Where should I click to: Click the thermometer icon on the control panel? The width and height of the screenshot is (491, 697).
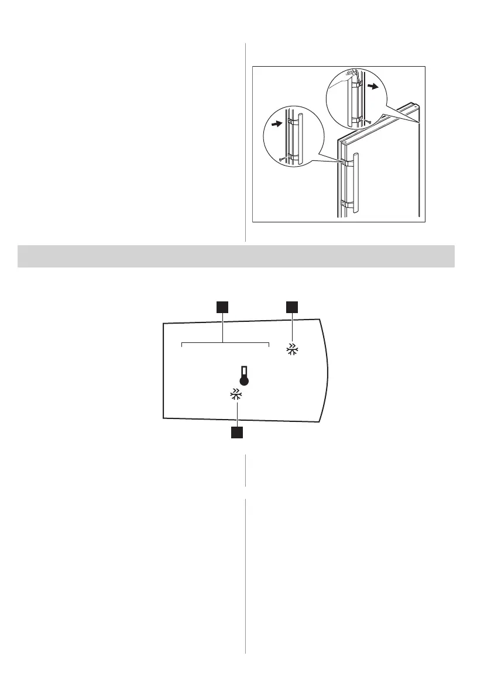[x=243, y=375]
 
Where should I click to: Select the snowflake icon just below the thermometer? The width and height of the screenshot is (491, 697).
[x=236, y=395]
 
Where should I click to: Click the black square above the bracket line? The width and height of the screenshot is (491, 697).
[x=222, y=307]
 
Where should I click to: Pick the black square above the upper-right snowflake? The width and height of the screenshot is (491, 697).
[x=291, y=307]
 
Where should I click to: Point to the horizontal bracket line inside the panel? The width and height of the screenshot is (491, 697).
[x=225, y=342]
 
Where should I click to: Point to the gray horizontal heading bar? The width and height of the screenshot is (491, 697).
[x=236, y=256]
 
